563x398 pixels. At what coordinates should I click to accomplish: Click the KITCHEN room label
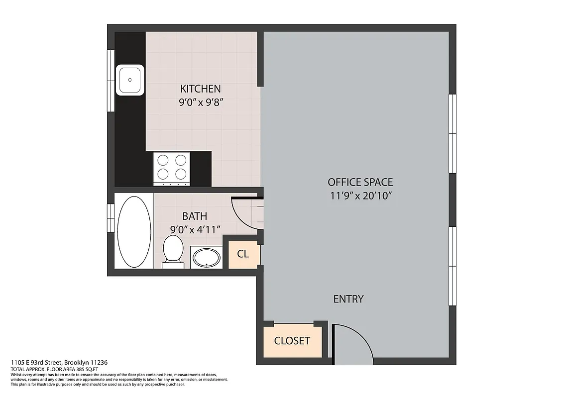(x=200, y=89)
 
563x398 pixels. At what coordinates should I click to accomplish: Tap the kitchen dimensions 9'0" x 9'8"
(x=200, y=103)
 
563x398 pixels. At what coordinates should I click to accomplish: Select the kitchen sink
(x=130, y=80)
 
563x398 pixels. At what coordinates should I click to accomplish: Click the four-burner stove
(x=172, y=167)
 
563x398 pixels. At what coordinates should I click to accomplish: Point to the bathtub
(x=134, y=231)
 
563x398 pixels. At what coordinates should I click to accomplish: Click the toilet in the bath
(x=173, y=250)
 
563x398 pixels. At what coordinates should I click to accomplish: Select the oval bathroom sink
(x=207, y=258)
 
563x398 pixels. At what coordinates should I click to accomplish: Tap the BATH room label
(x=195, y=216)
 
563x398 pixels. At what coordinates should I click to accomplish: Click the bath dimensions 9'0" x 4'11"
(x=195, y=230)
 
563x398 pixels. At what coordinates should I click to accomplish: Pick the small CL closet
(x=243, y=254)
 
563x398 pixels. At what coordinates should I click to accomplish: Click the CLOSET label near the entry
(x=292, y=341)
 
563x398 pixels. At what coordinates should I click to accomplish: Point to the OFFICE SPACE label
(x=360, y=182)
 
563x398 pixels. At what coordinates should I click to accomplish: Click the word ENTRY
(x=348, y=299)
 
